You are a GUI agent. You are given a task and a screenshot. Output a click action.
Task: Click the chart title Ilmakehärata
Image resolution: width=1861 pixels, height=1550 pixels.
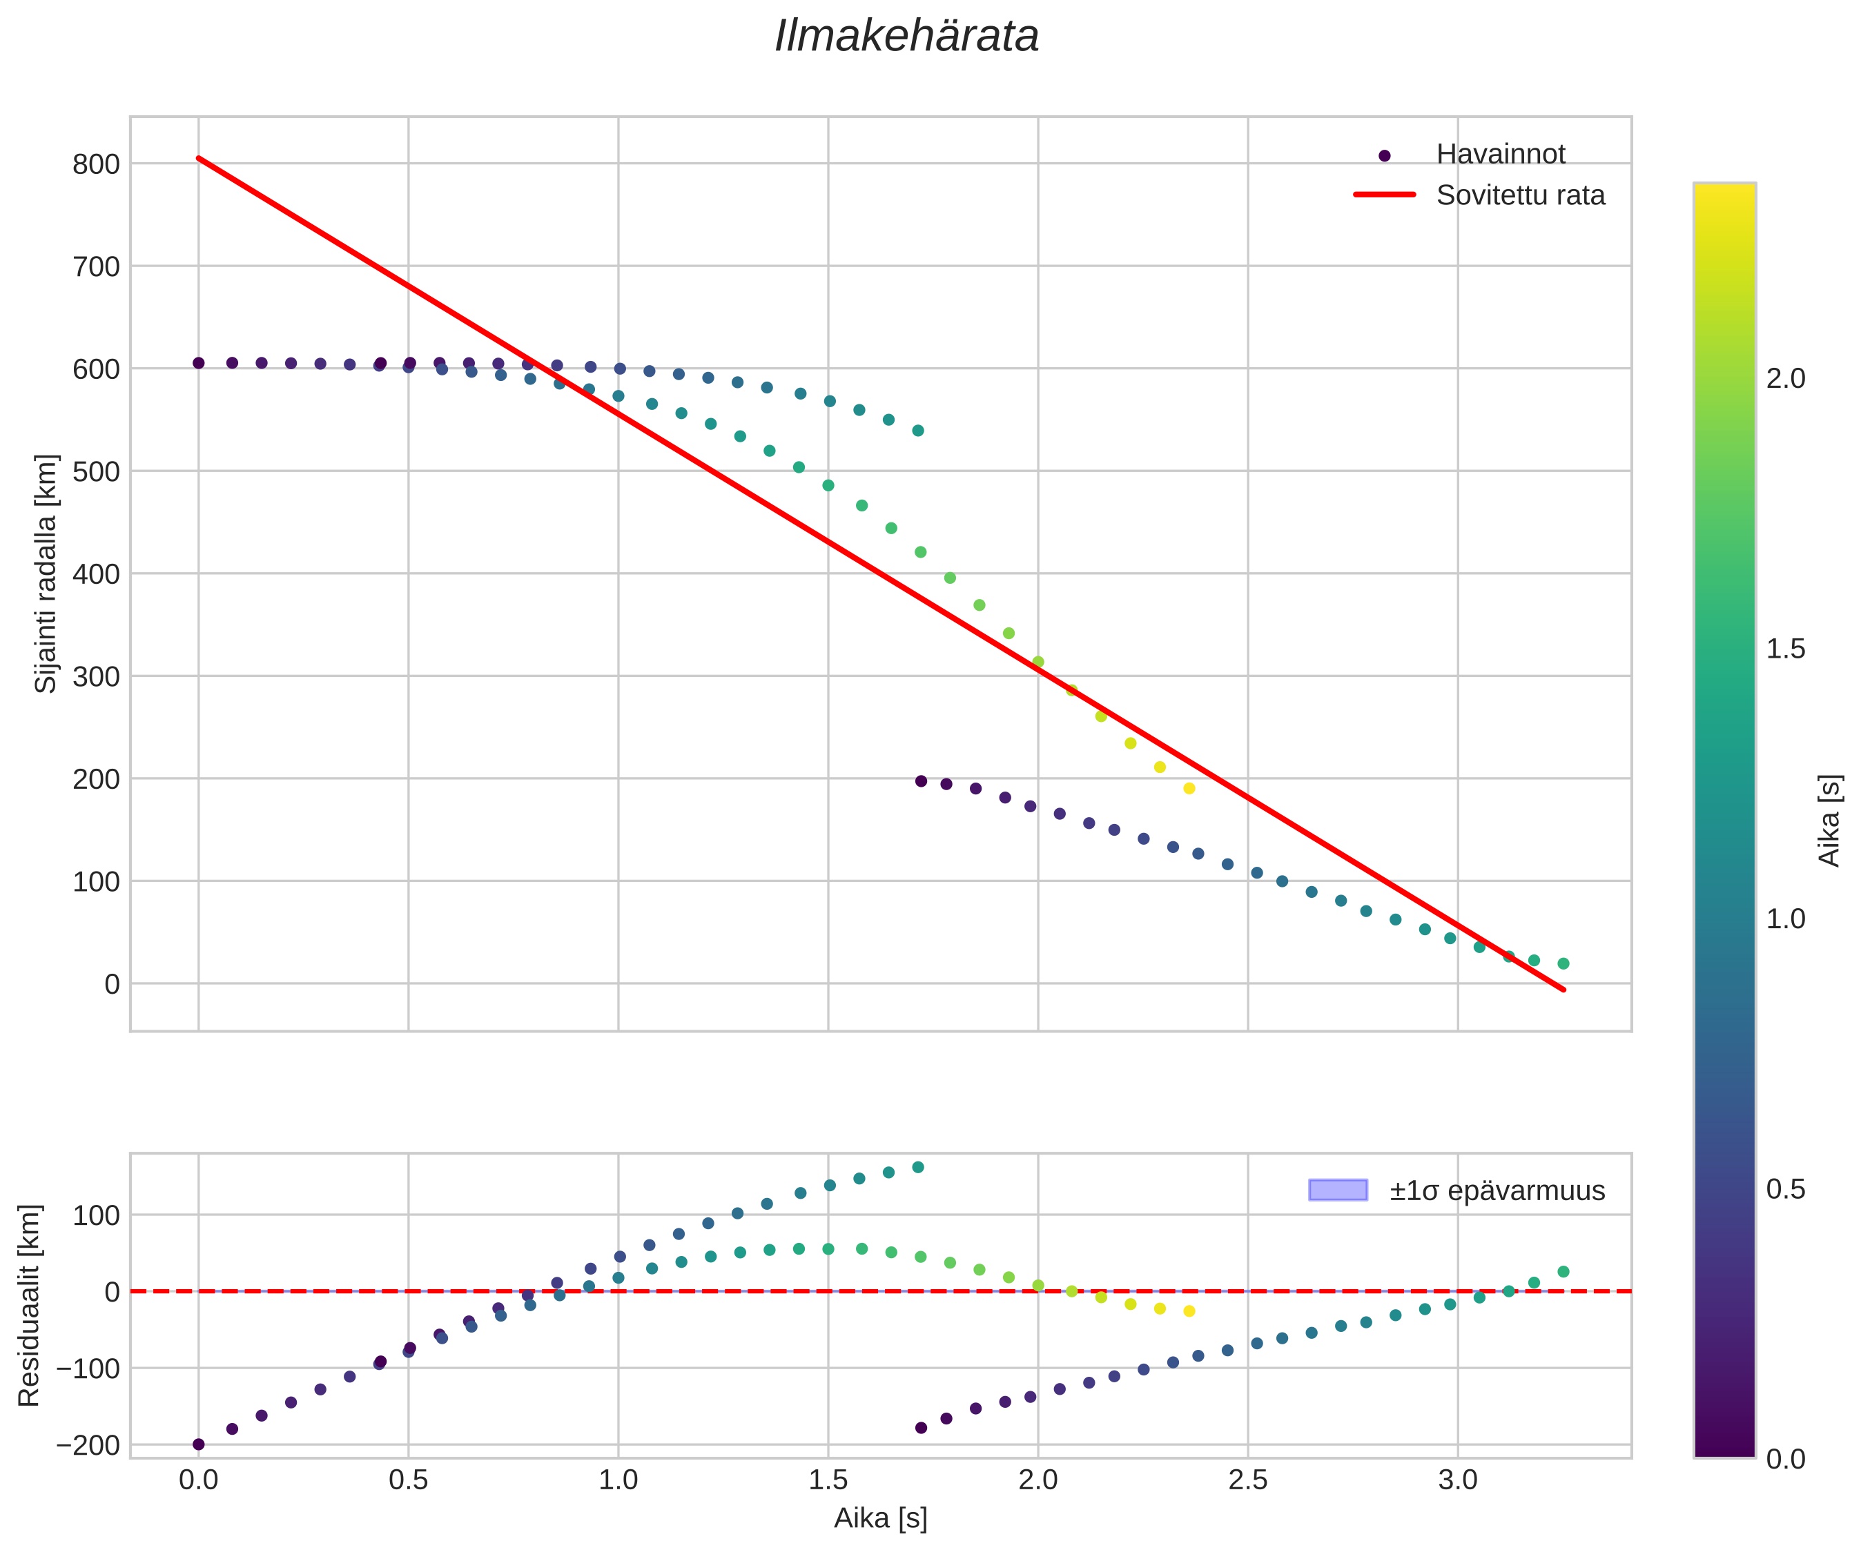click(x=906, y=37)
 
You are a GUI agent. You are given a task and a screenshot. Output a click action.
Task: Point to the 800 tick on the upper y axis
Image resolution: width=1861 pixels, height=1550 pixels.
click(x=96, y=164)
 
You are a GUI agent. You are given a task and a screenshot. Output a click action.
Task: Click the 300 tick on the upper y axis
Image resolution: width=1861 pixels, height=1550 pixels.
click(x=96, y=676)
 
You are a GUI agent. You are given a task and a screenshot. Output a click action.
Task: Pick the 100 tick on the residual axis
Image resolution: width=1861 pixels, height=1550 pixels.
click(x=96, y=1215)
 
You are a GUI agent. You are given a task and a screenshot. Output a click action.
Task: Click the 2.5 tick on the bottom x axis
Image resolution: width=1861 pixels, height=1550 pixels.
click(x=1248, y=1480)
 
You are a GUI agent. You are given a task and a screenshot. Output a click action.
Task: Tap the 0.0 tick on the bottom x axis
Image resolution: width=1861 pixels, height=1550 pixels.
click(x=199, y=1480)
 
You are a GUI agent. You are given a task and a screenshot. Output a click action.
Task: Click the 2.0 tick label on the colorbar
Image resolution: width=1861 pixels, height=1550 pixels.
click(x=1785, y=378)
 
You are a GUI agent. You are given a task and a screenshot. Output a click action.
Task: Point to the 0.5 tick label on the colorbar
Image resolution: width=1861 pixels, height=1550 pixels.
click(x=1785, y=1189)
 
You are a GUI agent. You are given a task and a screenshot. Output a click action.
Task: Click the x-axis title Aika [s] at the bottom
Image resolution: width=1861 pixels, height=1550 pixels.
click(x=880, y=1519)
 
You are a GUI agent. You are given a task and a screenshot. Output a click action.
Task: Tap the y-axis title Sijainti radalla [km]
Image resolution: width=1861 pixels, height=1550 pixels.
click(x=46, y=573)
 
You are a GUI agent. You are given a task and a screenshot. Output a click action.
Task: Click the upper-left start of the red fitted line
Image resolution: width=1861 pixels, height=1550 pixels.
click(x=199, y=158)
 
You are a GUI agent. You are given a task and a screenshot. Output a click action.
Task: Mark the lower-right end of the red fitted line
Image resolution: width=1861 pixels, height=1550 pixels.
click(x=1564, y=990)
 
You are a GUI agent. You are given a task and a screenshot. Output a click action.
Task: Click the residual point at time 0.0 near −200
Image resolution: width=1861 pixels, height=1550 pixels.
click(x=199, y=1444)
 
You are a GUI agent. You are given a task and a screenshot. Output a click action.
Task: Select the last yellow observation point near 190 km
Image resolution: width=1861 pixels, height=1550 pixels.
click(x=1189, y=789)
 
